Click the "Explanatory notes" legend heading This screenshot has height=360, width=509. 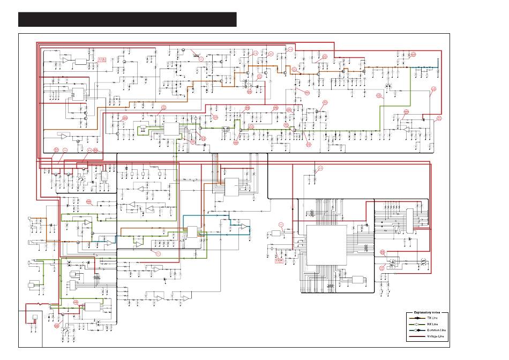[x=426, y=311]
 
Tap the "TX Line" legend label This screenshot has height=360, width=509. [x=432, y=318]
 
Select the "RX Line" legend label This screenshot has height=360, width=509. [x=432, y=325]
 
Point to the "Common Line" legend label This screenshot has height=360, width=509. [x=435, y=331]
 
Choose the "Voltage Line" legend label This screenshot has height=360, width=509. [x=435, y=337]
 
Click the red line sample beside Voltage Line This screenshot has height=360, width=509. [x=416, y=337]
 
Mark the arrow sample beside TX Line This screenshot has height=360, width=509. [x=416, y=318]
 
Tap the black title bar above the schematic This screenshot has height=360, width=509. [x=127, y=19]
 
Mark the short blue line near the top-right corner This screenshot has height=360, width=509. [x=424, y=68]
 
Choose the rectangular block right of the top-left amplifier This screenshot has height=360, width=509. [x=80, y=62]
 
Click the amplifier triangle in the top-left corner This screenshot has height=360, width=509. [x=64, y=61]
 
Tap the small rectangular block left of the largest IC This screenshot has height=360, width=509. [x=276, y=233]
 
